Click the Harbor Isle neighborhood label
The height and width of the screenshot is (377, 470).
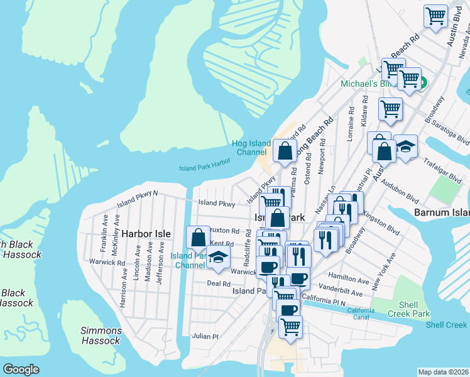(146, 233)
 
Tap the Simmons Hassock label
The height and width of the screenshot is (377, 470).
(101, 336)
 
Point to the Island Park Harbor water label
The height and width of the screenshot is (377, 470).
(205, 168)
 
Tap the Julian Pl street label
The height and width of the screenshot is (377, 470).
(205, 336)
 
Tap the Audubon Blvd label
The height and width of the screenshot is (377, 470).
(404, 196)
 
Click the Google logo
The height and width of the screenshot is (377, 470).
(21, 369)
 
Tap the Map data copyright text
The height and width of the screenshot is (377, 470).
(444, 372)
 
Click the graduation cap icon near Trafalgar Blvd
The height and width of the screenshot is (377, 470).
(406, 147)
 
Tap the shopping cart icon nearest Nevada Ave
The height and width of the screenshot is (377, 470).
(435, 16)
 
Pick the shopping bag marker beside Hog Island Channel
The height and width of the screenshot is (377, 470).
(285, 151)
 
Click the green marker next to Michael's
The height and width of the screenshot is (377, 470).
(423, 82)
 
